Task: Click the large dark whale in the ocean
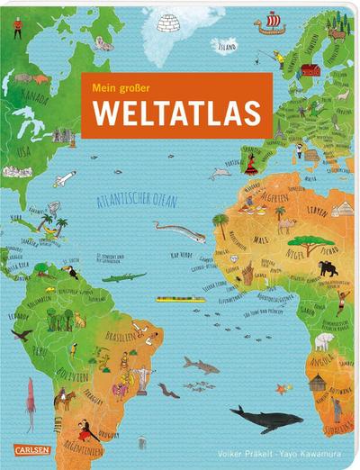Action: click(x=261, y=417)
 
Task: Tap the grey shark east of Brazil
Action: click(x=201, y=365)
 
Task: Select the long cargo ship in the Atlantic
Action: click(x=180, y=299)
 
